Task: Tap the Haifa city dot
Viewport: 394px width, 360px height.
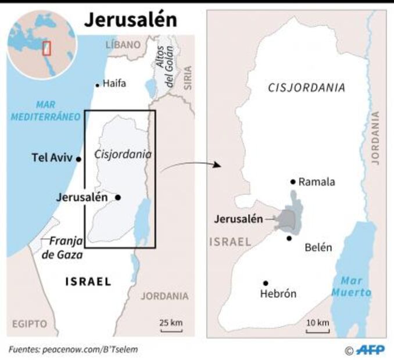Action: (97, 85)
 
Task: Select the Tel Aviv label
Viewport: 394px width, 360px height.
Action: (53, 157)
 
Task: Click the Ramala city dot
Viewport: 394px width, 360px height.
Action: (293, 181)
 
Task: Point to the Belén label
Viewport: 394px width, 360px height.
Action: (318, 247)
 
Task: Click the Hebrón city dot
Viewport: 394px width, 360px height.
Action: (265, 283)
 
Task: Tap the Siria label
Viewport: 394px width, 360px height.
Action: (187, 77)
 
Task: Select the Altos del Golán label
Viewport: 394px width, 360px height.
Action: (165, 67)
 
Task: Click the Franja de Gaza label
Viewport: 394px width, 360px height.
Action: (66, 247)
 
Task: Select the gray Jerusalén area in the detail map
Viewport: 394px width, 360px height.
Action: (289, 219)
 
